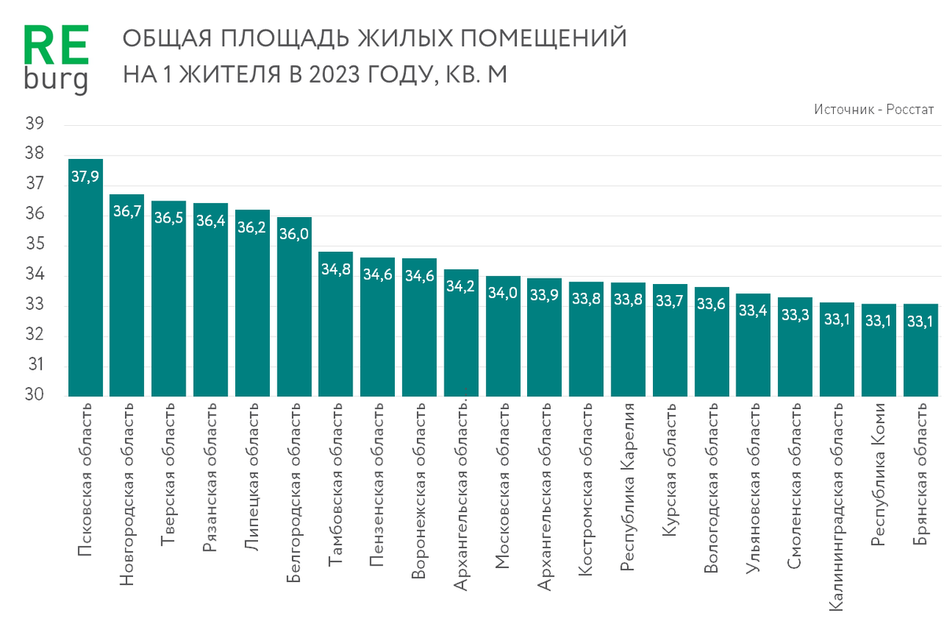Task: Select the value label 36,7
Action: pos(127,212)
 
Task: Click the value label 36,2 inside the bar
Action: pos(252,227)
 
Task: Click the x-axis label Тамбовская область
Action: pos(336,480)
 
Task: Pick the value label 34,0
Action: pos(503,293)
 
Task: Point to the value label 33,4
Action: pos(754,311)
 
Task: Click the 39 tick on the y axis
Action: pos(34,124)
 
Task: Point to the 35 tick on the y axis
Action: pos(34,245)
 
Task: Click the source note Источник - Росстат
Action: pos(874,109)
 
